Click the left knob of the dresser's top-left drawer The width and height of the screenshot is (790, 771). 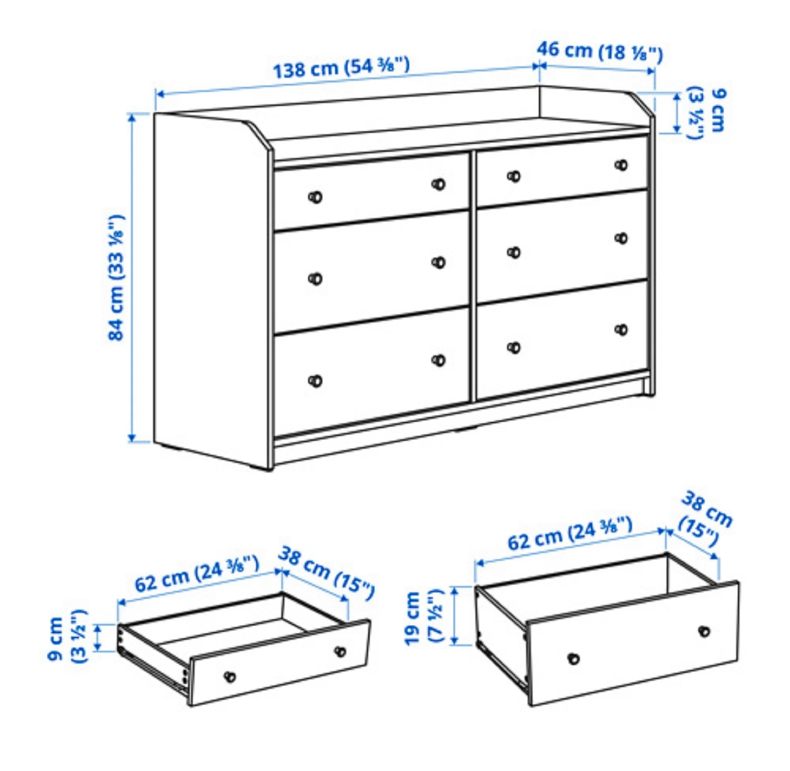(315, 197)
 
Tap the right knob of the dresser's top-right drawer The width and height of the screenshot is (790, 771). (621, 165)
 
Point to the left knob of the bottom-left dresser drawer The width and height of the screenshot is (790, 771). (315, 381)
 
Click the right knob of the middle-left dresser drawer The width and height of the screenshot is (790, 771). (438, 263)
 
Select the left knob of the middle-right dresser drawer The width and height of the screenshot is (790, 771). (514, 253)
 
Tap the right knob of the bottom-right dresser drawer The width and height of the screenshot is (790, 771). (621, 330)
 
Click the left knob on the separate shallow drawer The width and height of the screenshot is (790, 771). (230, 677)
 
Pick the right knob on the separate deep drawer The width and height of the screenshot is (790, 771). (704, 631)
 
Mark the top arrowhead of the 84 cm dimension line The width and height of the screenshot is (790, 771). (132, 117)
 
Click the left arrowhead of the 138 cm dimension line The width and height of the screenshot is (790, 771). (160, 94)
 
